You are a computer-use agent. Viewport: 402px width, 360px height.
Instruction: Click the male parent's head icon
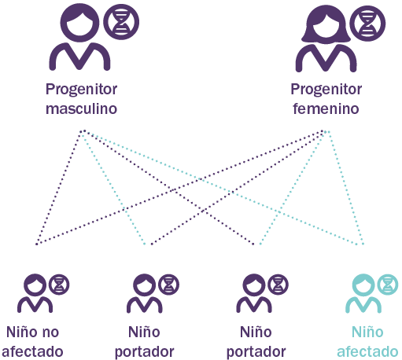79,23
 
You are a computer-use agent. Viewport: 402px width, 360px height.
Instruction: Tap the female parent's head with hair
326,24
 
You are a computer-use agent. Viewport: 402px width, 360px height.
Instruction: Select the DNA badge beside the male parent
121,22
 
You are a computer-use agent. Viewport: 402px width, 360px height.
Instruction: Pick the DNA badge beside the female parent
367,24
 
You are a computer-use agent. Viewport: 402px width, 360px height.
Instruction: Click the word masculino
81,108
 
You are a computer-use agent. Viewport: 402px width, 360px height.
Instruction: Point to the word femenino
326,108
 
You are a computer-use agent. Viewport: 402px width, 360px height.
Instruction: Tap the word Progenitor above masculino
81,90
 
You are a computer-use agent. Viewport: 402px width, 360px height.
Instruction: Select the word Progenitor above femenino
326,90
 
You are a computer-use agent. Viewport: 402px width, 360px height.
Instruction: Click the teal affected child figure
363,293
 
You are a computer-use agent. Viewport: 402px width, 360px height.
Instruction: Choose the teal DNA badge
388,285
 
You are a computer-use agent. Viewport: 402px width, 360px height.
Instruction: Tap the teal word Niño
367,332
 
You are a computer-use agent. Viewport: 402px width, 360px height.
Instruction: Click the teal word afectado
367,351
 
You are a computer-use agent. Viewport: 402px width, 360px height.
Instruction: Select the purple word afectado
32,351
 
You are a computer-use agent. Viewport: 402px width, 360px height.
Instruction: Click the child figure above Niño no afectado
35,293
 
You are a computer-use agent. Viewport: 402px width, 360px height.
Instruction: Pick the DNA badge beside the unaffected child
59,285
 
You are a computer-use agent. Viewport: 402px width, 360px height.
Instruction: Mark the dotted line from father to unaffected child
60,187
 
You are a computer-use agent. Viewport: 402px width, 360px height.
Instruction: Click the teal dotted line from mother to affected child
345,188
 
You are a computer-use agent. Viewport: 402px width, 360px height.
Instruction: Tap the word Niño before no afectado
22,332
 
